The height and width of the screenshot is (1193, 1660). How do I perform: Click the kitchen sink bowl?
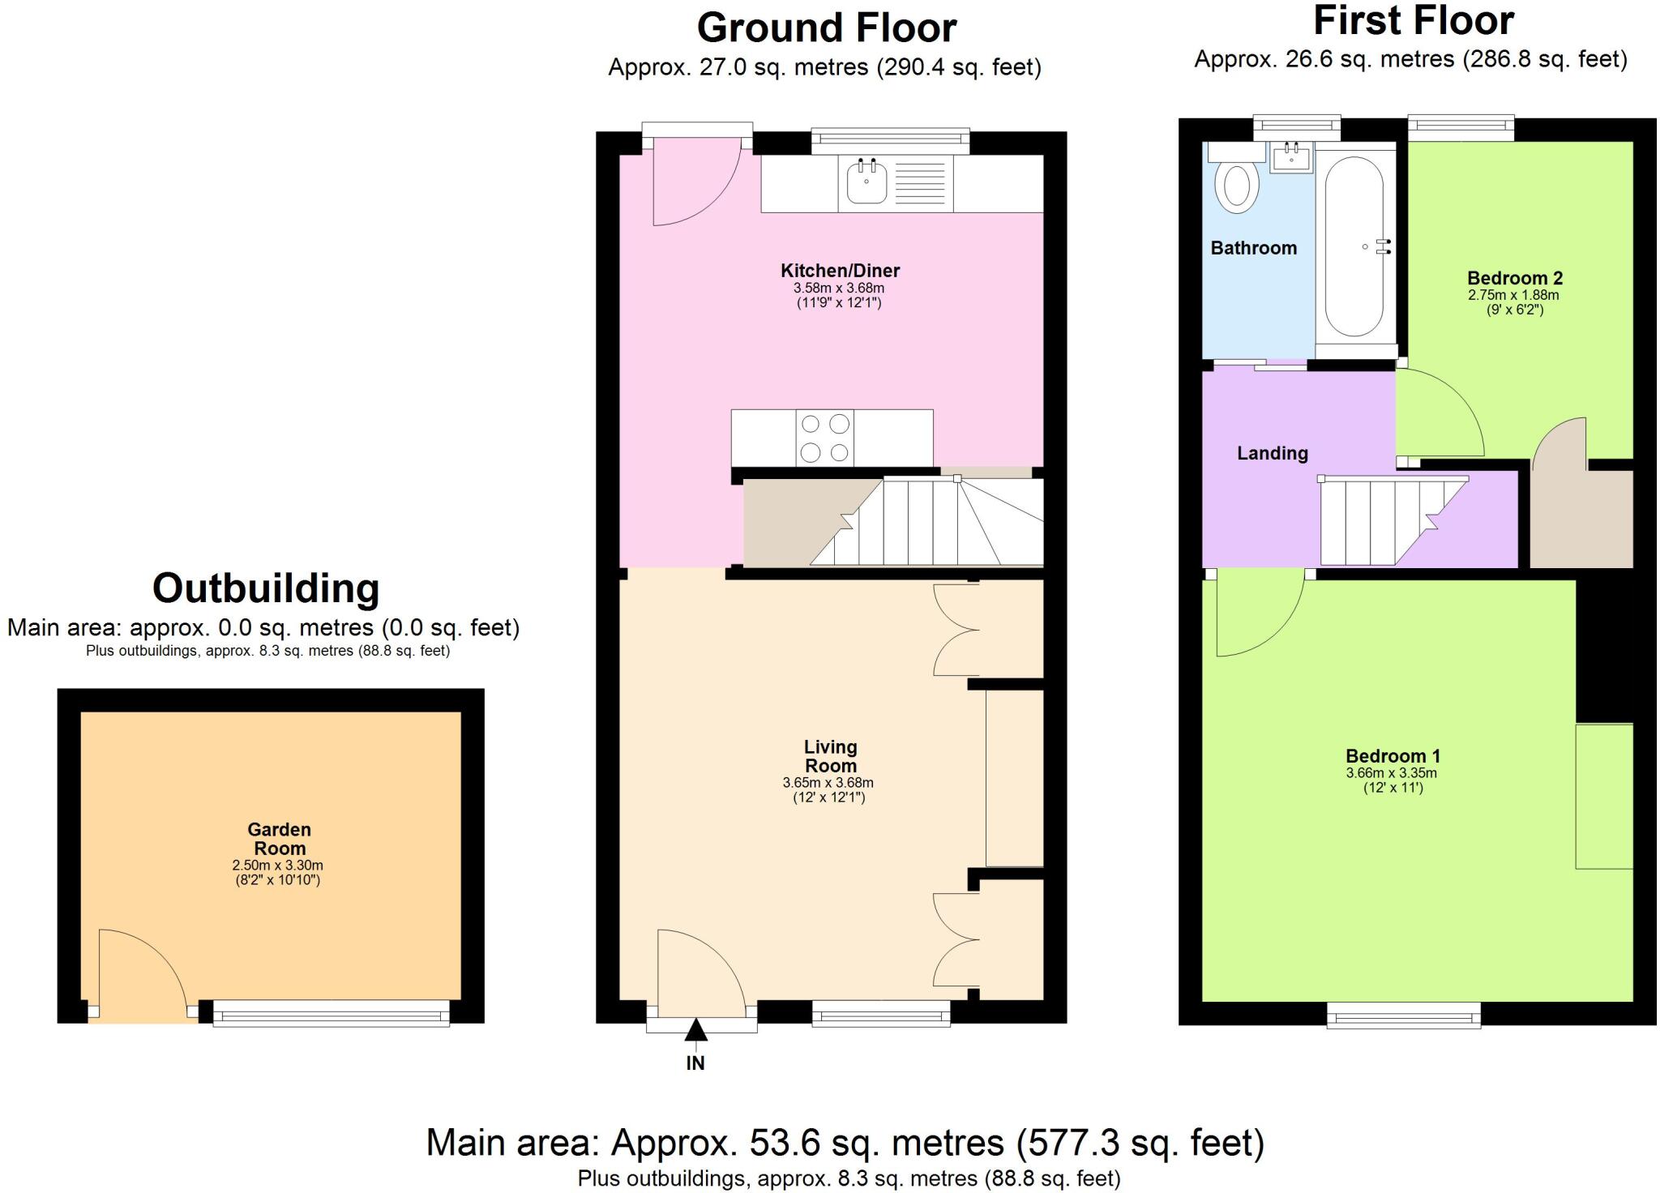[x=866, y=182]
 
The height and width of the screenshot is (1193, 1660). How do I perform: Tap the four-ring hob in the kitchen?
[x=825, y=438]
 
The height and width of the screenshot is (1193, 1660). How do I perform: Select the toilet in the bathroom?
[x=1236, y=184]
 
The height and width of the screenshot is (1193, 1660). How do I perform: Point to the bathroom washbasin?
[x=1292, y=157]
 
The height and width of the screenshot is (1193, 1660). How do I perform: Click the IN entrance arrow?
[x=695, y=1032]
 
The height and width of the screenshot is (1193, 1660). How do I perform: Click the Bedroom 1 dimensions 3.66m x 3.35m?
[x=1391, y=773]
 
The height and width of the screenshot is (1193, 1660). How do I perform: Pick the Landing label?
[x=1272, y=453]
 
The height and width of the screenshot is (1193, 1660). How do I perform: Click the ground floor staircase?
[x=924, y=521]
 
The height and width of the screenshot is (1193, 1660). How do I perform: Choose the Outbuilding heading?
[x=266, y=588]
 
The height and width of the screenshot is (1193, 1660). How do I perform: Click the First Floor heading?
[x=1413, y=21]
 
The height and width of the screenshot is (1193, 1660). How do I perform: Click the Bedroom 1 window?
[x=1403, y=1015]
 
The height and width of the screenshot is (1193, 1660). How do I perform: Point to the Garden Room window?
[x=331, y=1013]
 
